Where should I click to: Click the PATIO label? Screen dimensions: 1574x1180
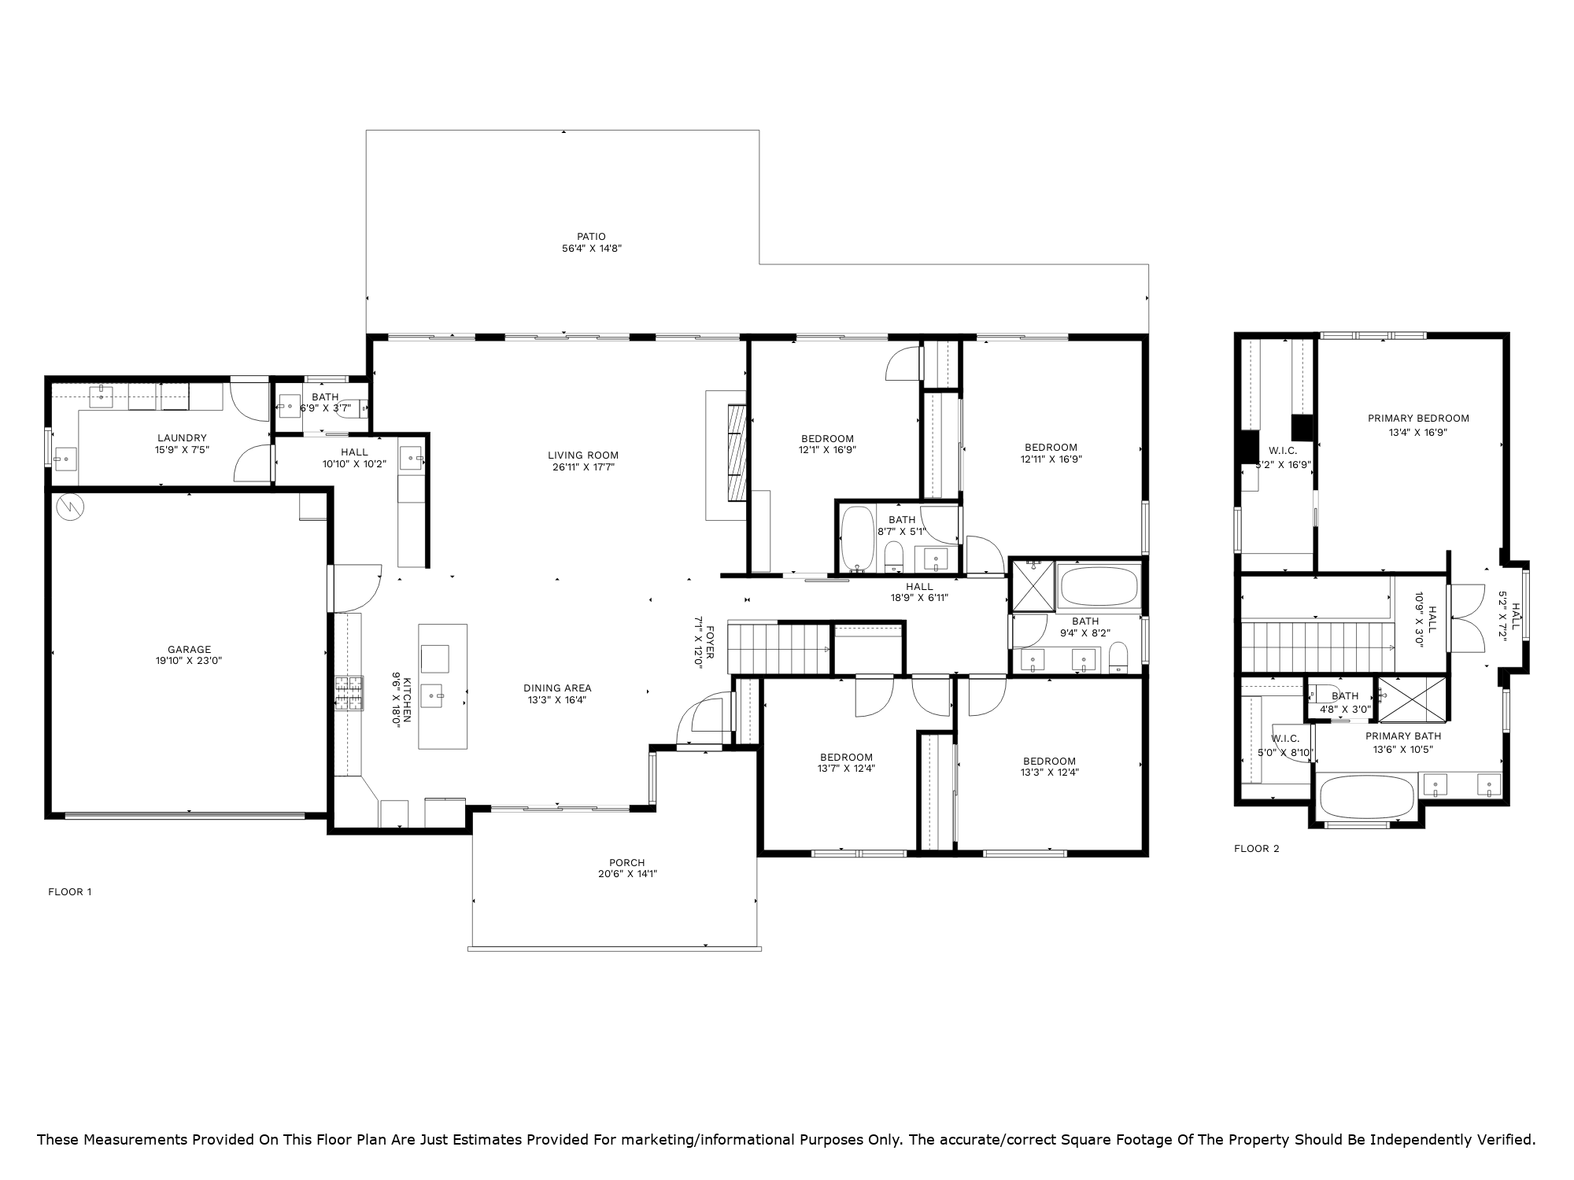click(x=591, y=236)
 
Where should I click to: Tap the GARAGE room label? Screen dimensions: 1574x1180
click(x=189, y=649)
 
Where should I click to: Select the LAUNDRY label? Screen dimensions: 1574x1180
click(x=182, y=438)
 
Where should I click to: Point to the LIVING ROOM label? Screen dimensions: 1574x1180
click(x=583, y=455)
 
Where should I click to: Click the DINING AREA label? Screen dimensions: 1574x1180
click(x=557, y=688)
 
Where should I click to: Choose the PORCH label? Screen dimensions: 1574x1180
click(x=627, y=862)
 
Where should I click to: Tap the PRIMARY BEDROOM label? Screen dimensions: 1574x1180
click(x=1418, y=419)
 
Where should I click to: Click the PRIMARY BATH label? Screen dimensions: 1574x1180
click(x=1403, y=736)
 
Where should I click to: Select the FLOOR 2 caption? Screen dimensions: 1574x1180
click(x=1257, y=849)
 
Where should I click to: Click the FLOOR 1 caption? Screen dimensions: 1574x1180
click(x=70, y=892)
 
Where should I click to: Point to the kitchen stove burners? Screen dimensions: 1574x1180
click(x=349, y=694)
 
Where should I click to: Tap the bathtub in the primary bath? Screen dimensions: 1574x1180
click(x=1365, y=797)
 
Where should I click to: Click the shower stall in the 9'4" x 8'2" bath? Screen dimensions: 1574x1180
click(x=1033, y=584)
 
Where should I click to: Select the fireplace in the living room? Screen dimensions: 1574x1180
click(x=737, y=452)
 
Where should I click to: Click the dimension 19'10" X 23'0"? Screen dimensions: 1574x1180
click(x=189, y=662)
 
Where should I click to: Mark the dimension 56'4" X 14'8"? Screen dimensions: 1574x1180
click(x=591, y=249)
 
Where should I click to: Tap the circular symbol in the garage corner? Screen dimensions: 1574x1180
click(x=69, y=507)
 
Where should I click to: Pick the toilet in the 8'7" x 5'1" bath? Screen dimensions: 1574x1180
click(x=893, y=557)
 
